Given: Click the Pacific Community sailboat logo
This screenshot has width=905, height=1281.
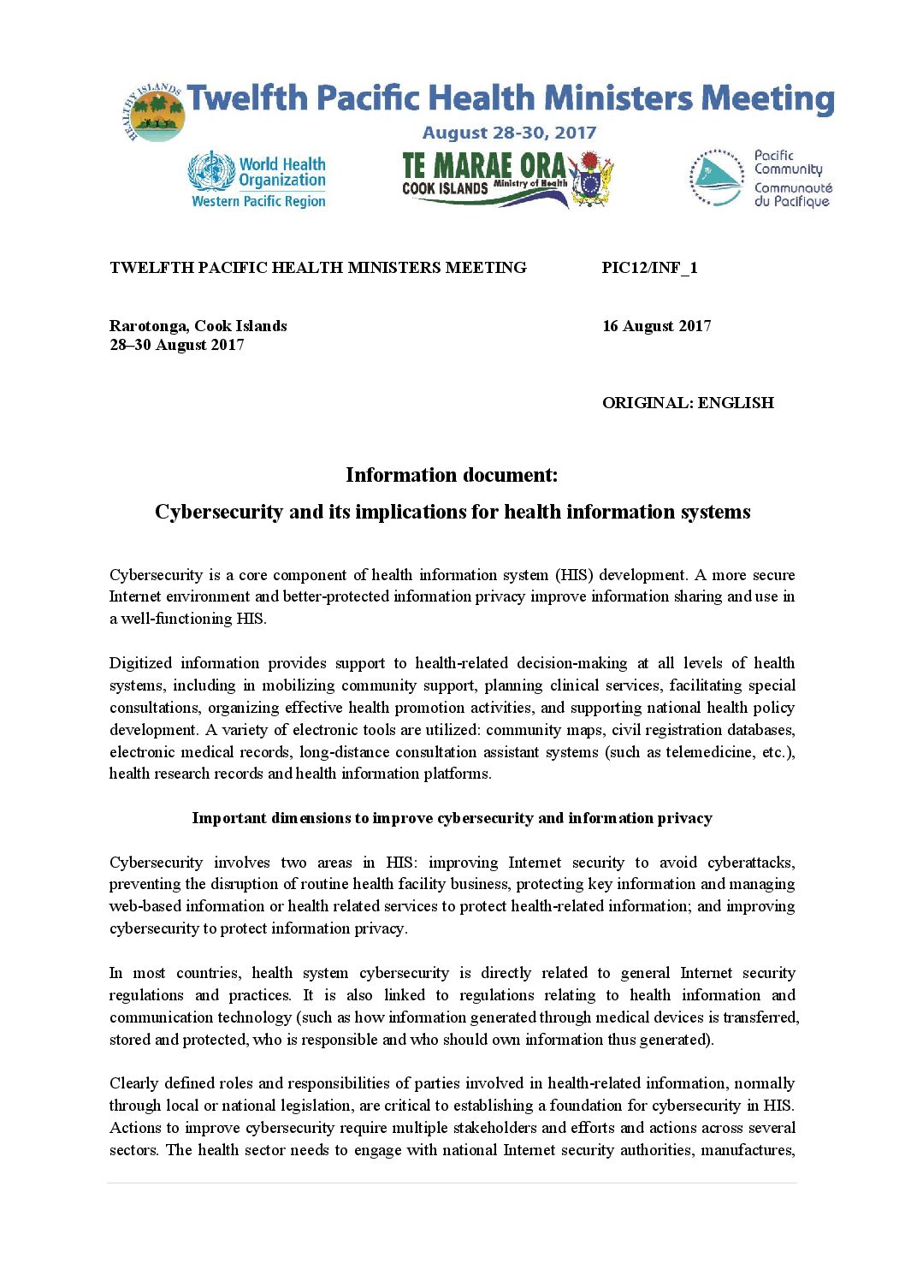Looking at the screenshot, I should tap(717, 179).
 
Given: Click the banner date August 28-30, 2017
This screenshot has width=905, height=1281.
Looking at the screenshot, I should tap(509, 133).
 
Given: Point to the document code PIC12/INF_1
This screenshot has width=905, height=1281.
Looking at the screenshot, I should tap(649, 268).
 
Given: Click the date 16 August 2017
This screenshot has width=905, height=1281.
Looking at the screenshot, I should tap(656, 326).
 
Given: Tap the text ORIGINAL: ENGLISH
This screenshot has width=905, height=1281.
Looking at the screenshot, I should tap(688, 403).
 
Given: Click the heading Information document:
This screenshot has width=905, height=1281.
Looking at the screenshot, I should tap(452, 475).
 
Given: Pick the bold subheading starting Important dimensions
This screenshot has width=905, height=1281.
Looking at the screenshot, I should tap(452, 818).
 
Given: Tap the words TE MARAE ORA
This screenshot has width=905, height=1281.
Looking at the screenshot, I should tap(483, 165).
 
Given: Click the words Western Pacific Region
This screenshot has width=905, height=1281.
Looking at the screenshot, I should tap(258, 202).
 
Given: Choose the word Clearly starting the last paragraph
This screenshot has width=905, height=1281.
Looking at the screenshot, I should tap(133, 1083).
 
